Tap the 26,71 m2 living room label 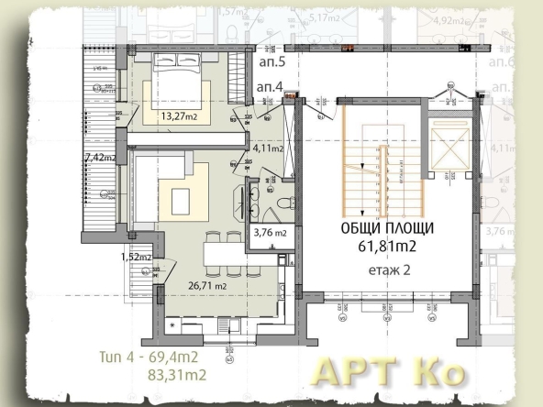207,286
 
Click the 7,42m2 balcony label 98,158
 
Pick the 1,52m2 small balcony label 135,257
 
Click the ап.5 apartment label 271,64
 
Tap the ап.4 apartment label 270,86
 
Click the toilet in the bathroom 285,203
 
